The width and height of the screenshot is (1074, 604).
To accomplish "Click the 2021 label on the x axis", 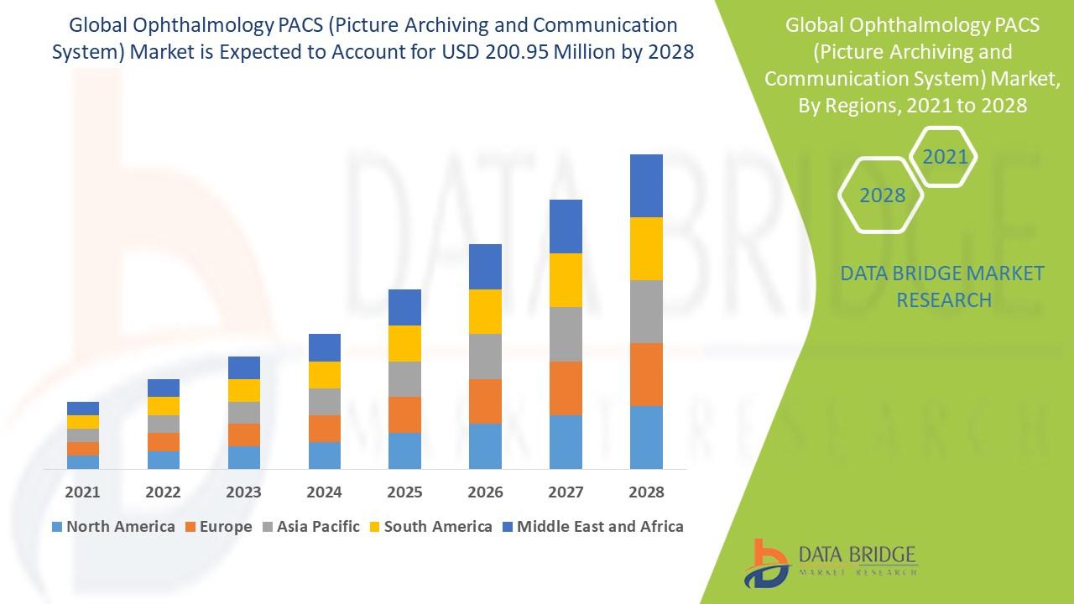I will (82, 492).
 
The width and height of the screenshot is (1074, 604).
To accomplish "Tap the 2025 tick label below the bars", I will (404, 492).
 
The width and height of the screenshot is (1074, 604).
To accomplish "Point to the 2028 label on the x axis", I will (646, 492).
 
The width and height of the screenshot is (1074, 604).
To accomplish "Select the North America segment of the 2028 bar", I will (646, 437).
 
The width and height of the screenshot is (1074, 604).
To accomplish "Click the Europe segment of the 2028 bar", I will (646, 374).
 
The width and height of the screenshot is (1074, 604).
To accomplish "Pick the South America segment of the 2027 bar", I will (566, 280).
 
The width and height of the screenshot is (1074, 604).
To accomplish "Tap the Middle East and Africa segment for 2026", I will (485, 267).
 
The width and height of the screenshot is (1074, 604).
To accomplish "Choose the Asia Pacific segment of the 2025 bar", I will (404, 379).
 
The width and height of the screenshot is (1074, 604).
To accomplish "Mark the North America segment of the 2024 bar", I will (324, 455).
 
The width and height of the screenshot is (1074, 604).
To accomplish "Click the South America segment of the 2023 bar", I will (243, 390).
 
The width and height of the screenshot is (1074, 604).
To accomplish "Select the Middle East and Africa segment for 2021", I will (82, 409).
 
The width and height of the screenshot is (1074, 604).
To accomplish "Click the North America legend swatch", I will (57, 527).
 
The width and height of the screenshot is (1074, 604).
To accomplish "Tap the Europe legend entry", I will (217, 527).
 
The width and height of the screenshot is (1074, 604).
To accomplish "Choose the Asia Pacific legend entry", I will (312, 527).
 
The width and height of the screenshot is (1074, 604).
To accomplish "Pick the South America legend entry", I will (430, 527).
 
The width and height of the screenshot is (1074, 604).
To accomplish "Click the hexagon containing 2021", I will (945, 157).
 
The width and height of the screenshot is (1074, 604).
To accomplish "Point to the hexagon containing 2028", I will (882, 195).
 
